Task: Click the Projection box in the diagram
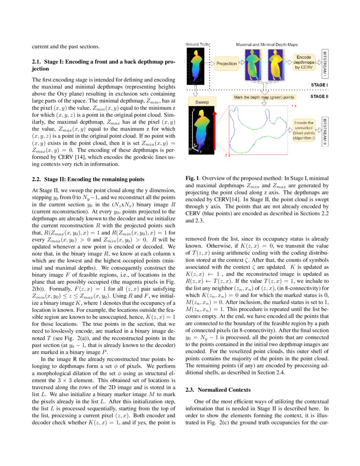227,64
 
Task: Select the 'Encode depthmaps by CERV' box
304,62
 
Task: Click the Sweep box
202,102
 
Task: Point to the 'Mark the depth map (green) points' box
263,97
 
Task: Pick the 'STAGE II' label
318,97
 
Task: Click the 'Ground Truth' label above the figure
196,44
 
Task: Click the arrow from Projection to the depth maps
242,63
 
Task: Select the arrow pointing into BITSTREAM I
318,62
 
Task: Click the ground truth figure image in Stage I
197,64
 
